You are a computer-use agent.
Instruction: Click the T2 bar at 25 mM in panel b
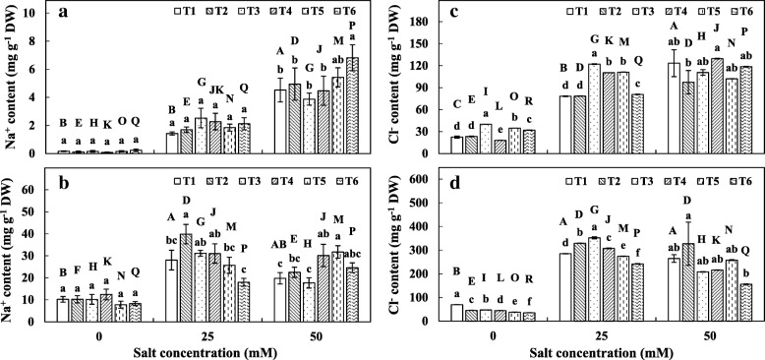pyautogui.click(x=185, y=276)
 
